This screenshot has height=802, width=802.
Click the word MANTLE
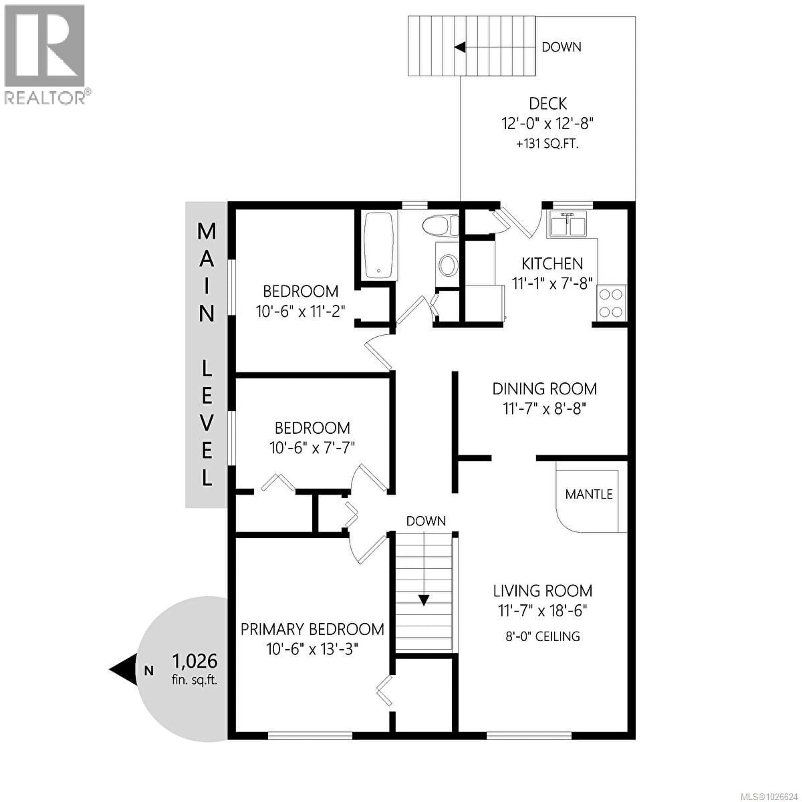click(589, 494)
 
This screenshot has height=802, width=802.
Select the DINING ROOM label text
click(544, 389)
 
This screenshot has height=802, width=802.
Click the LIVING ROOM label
click(543, 591)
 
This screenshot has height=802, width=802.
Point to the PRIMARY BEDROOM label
click(312, 629)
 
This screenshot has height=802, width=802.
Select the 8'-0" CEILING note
click(543, 636)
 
